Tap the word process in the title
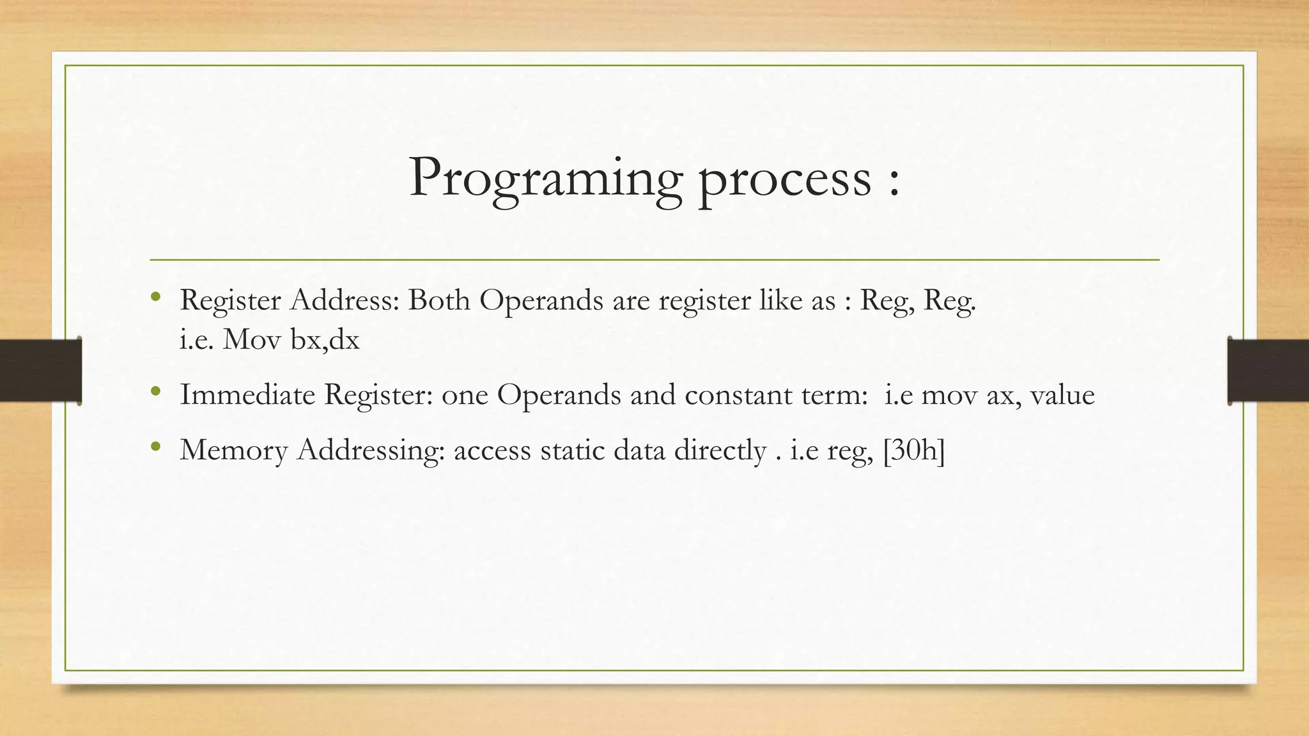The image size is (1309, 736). point(784,179)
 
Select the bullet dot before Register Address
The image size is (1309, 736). point(155,297)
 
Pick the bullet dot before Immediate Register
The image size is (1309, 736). point(155,391)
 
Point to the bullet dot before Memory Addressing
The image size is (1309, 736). point(155,447)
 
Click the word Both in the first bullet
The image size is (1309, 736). point(438,300)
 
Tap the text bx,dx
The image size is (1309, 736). point(325,340)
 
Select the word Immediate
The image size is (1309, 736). point(247,395)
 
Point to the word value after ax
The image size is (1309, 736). point(1062,395)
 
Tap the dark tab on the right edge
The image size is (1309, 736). point(1268,371)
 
